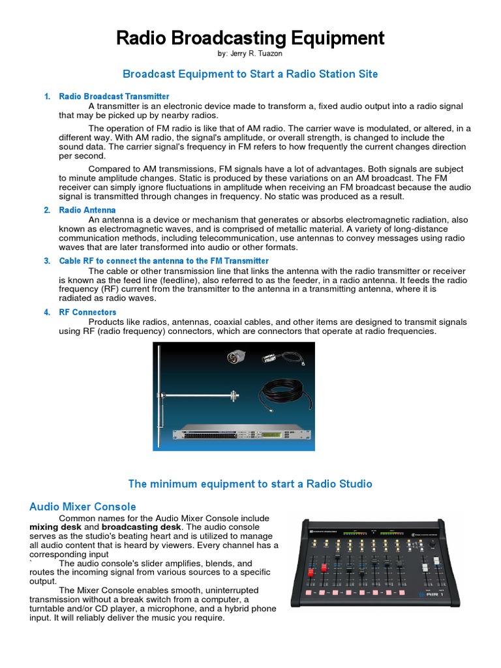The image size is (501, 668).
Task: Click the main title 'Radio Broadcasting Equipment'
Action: pos(250,38)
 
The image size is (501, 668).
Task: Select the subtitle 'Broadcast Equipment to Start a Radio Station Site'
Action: pos(250,74)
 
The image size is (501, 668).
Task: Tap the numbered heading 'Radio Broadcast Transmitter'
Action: pos(114,97)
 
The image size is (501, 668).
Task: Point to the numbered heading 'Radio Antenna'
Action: pos(87,210)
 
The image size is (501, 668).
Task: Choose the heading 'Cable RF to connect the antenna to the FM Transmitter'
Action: pos(164,261)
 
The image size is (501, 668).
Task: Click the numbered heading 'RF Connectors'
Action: pos(87,312)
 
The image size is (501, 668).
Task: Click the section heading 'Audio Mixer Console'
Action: pos(83,506)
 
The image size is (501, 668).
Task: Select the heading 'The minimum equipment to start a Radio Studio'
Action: pos(250,483)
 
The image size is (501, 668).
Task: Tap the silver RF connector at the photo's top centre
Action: pos(233,357)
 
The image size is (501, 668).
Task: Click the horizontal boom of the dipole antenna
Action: pos(202,395)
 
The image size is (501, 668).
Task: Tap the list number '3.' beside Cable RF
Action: pos(47,261)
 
